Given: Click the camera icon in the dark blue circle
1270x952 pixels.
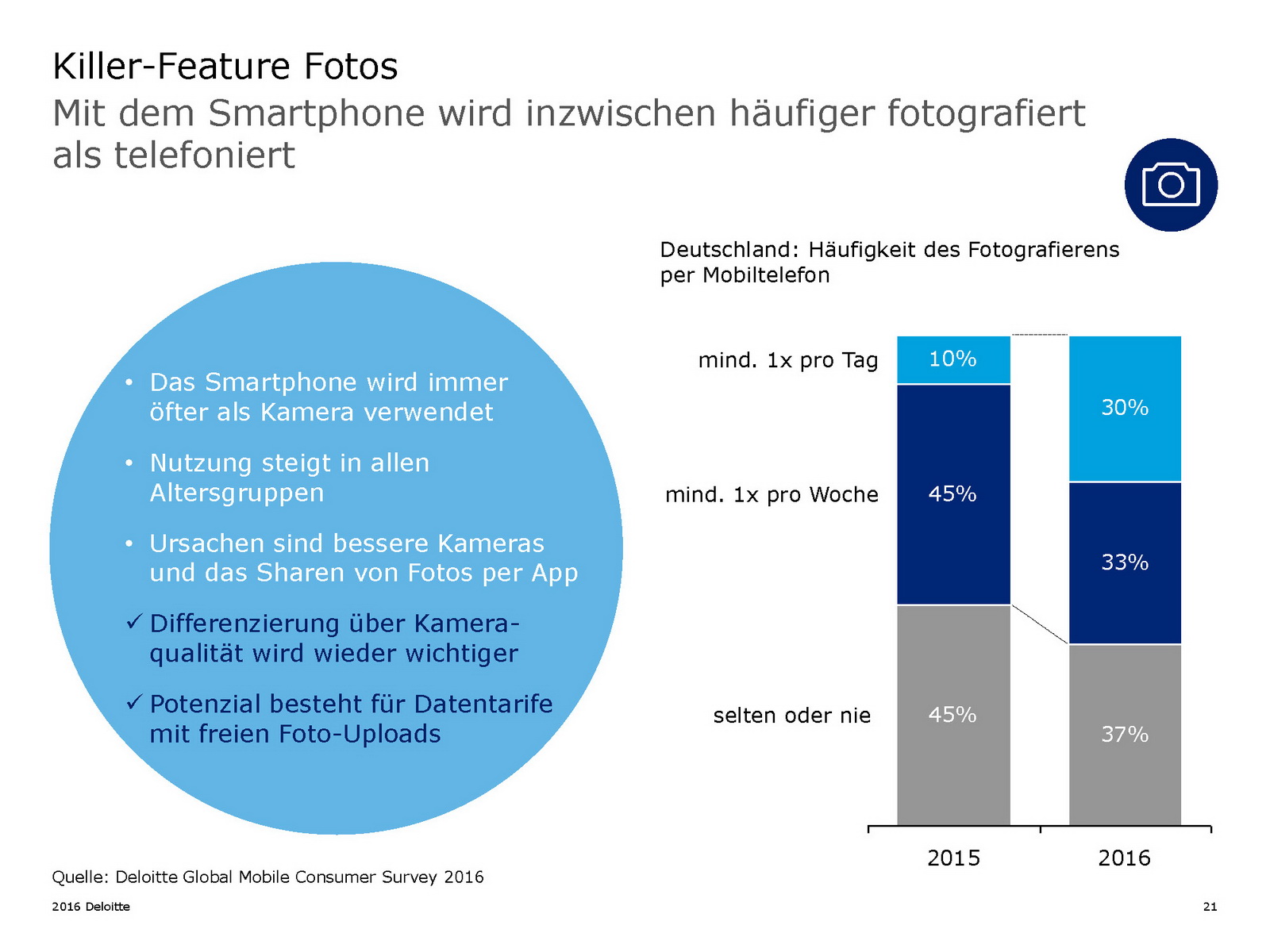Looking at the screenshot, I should point(1171,185).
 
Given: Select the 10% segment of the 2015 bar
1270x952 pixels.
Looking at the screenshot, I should point(953,359).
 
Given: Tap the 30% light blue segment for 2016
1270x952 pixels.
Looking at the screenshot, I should point(1125,408).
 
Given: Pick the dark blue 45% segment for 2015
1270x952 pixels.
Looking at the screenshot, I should point(953,494).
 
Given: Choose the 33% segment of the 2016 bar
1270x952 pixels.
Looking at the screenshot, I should point(1125,562).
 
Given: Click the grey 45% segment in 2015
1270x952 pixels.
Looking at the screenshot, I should point(953,715).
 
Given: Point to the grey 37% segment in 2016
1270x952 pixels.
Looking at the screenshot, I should point(1125,735).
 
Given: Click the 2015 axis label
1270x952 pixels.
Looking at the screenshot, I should point(953,858).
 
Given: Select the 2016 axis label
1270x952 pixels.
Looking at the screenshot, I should point(1124,858).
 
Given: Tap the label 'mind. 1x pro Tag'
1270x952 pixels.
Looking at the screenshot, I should point(787,360).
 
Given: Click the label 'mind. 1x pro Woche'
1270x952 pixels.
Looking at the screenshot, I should point(772,495).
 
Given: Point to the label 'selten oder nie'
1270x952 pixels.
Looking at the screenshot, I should point(791,716).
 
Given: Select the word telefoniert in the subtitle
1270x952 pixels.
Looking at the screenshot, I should point(204,155).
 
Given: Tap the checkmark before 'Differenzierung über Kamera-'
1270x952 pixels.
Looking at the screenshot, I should point(133,622).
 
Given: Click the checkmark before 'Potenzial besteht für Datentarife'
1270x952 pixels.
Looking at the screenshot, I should point(133,702).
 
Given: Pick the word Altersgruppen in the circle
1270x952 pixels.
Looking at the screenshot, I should point(237,493).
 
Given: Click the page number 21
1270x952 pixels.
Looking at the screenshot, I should point(1210,907).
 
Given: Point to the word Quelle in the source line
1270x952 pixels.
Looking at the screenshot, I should point(79,877).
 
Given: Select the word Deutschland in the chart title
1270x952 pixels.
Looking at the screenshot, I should point(725,250).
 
